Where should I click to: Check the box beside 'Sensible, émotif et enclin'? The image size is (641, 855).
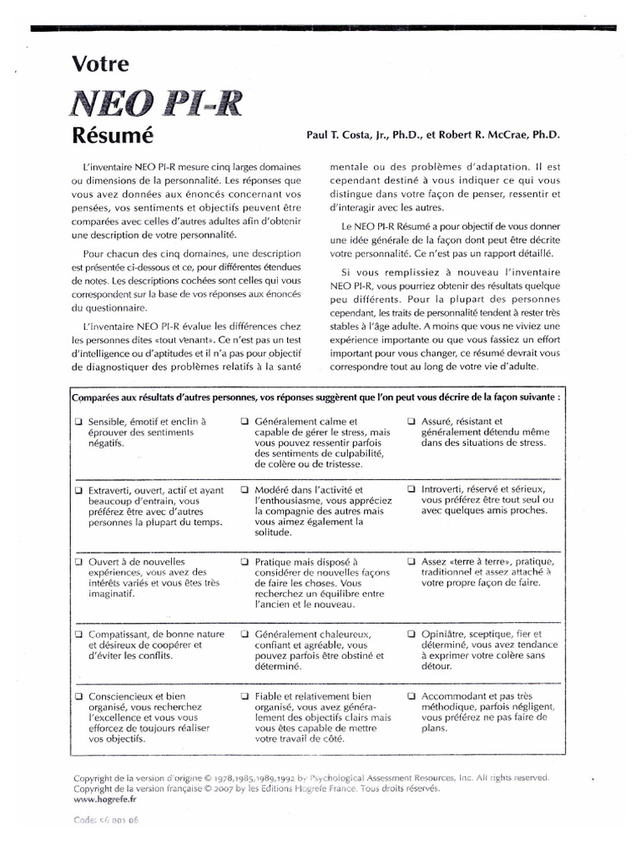(x=78, y=422)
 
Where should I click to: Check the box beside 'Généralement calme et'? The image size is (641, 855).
(x=245, y=422)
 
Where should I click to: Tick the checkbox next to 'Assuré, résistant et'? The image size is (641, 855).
(x=411, y=422)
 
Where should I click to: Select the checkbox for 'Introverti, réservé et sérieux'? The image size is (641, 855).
(x=411, y=488)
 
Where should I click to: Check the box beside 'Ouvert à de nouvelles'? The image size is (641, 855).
(x=78, y=562)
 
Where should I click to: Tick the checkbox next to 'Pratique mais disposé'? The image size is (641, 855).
(x=245, y=562)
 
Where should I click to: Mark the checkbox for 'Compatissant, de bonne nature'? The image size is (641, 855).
(x=78, y=635)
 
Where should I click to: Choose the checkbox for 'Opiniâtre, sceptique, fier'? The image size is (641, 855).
(x=411, y=635)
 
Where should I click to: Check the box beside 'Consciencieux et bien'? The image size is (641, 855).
(x=78, y=695)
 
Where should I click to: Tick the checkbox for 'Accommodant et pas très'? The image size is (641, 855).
(x=411, y=695)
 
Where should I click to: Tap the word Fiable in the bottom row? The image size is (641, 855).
(x=271, y=695)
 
